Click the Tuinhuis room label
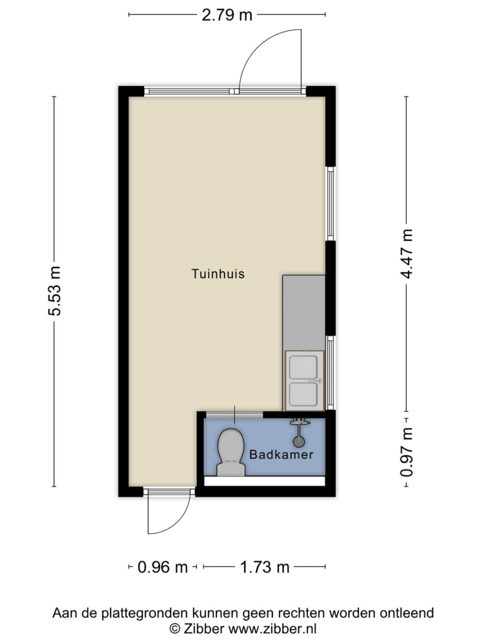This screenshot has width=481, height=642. pyautogui.click(x=218, y=273)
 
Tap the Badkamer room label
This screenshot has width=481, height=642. pyautogui.click(x=281, y=455)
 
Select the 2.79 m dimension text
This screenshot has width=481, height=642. pyautogui.click(x=227, y=15)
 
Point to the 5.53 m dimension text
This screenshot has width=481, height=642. pyautogui.click(x=55, y=291)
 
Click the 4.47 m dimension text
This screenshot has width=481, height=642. pyautogui.click(x=407, y=254)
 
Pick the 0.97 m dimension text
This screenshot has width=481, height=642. pyautogui.click(x=407, y=452)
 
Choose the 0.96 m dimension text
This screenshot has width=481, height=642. pyautogui.click(x=162, y=567)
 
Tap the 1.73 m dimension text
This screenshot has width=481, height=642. pyautogui.click(x=265, y=567)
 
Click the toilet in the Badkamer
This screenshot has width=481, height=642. pyautogui.click(x=231, y=452)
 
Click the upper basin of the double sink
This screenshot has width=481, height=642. pyautogui.click(x=303, y=367)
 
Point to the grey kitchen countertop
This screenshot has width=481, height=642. pyautogui.click(x=304, y=313)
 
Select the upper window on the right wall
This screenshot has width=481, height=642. pyautogui.click(x=330, y=203)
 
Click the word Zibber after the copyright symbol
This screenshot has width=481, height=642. pyautogui.click(x=203, y=628)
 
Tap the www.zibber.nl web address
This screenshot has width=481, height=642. pyautogui.click(x=272, y=628)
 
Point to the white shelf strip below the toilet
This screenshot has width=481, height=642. pyautogui.click(x=265, y=481)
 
